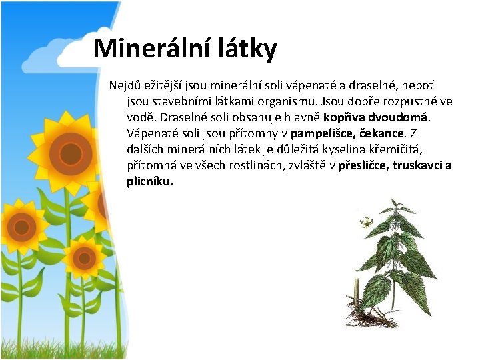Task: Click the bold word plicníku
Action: (x=150, y=181)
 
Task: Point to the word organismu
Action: (x=283, y=101)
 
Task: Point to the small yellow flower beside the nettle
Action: (x=366, y=222)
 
